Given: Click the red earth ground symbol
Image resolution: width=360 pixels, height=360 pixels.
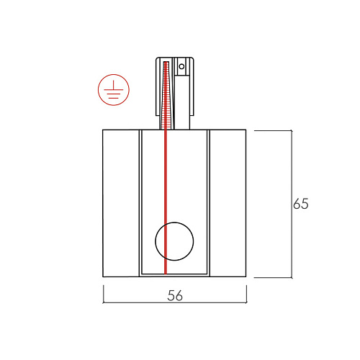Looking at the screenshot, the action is point(114,90).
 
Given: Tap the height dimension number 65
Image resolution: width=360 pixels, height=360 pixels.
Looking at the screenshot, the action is point(301,204).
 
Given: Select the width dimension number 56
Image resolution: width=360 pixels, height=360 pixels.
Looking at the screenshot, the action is point(175,295).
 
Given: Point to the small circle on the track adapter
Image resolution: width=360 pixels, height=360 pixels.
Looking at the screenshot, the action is point(181,66).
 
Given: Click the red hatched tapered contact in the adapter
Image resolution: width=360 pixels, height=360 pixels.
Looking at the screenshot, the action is point(166,96).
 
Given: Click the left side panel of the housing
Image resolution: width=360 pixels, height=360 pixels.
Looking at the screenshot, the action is point(121,203).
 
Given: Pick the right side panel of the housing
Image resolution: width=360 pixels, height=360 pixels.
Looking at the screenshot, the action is point(228,203).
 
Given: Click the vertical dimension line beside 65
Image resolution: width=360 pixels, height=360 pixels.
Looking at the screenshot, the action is point(292,204).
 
